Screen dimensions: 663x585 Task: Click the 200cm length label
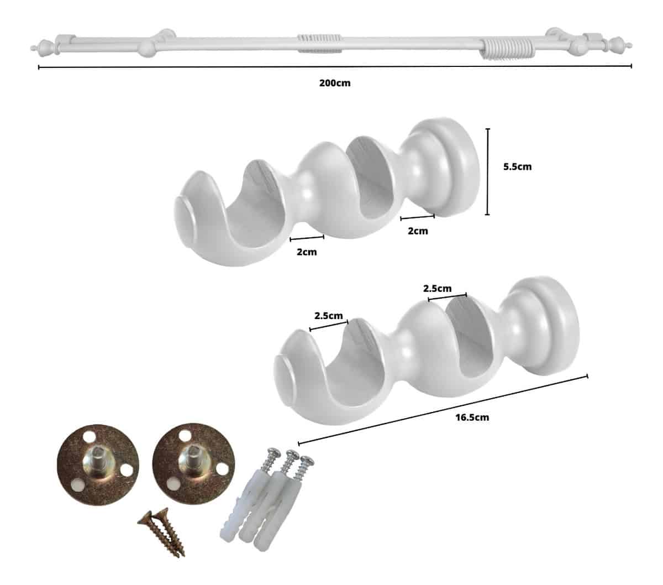point(334,83)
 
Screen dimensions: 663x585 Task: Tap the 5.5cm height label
point(517,167)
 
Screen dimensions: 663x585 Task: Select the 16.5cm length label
point(472,417)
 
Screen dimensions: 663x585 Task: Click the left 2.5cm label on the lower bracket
point(328,316)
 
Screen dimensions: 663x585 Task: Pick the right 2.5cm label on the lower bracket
point(437,289)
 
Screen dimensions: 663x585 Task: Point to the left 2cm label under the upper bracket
point(307,252)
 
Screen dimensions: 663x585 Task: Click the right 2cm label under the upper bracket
point(418,231)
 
